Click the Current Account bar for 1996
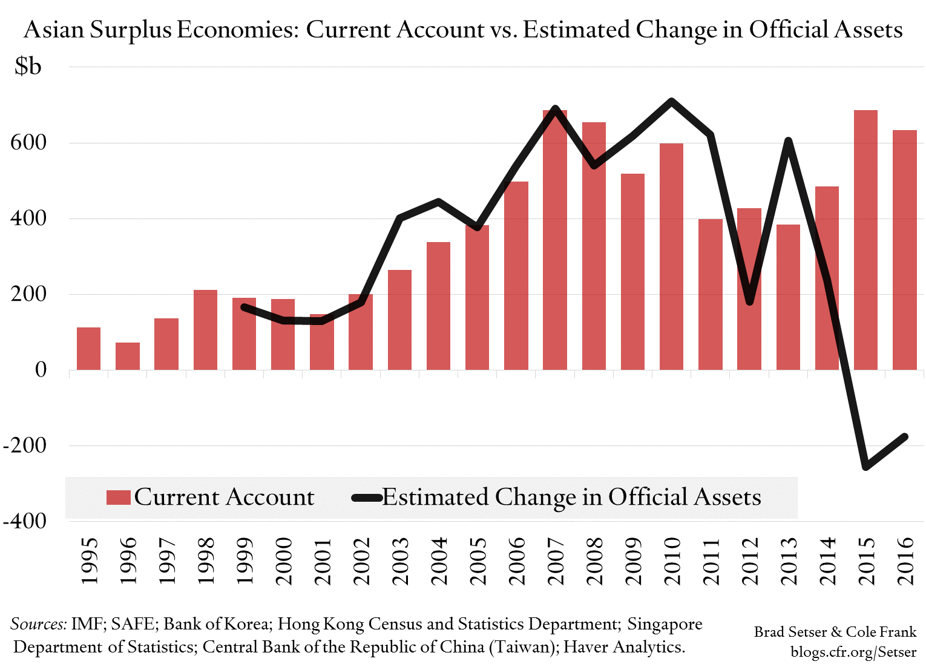tap(128, 356)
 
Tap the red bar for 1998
tap(205, 330)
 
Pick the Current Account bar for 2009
tap(632, 272)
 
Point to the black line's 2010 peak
tap(671, 101)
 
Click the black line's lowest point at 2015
tap(866, 467)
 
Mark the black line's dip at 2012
tap(750, 301)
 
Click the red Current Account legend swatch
tap(119, 498)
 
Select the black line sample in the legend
tap(367, 498)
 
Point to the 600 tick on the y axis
tap(28, 143)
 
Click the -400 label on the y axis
tap(25, 521)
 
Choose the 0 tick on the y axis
tap(41, 370)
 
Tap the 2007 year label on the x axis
tap(555, 561)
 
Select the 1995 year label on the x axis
tap(89, 561)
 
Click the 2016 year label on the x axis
tap(905, 561)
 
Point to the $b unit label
tap(28, 66)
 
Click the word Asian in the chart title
tap(54, 30)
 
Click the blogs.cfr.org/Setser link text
tap(853, 652)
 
